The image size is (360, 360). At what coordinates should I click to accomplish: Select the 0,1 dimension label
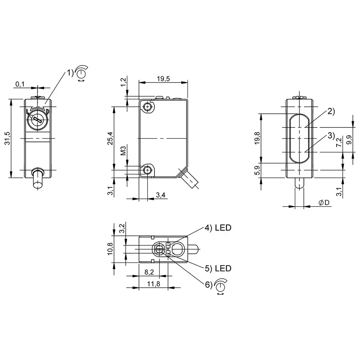20,84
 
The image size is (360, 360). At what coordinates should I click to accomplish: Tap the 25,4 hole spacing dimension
111,138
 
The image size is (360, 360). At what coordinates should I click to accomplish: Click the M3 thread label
123,150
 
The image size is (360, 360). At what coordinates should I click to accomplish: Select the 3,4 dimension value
161,195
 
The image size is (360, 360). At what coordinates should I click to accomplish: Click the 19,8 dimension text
257,138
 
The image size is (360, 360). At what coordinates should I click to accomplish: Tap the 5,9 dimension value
257,170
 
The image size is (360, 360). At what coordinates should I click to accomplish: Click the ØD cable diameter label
324,203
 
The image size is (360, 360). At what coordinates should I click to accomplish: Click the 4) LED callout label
218,228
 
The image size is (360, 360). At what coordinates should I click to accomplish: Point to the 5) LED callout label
218,268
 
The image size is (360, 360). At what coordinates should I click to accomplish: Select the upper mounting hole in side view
148,107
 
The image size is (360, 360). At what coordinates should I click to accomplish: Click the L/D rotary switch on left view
37,117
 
